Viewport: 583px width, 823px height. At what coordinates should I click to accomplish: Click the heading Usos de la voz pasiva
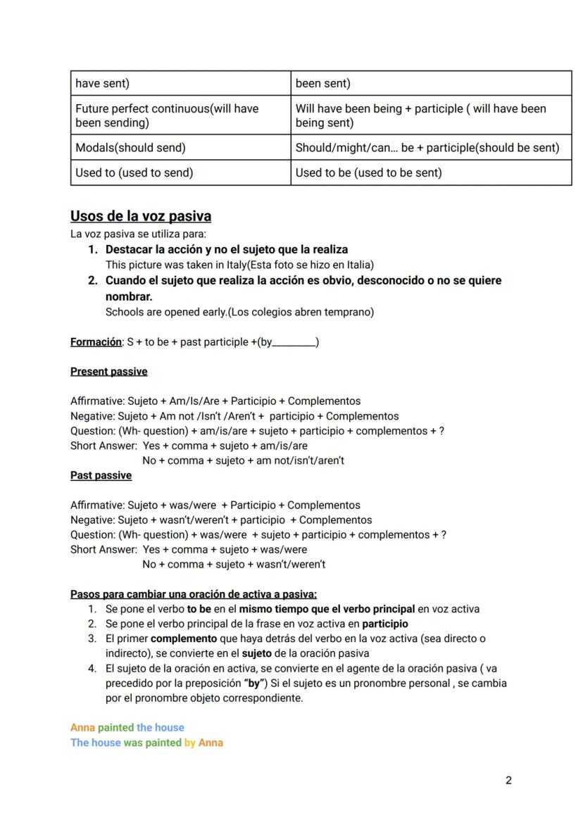click(141, 216)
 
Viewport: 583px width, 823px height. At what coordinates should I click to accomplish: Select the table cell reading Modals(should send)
click(131, 148)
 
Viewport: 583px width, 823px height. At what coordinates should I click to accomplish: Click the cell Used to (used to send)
click(134, 172)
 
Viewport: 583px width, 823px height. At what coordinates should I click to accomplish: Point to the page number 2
click(508, 780)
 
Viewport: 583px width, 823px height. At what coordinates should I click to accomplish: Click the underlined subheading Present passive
click(108, 371)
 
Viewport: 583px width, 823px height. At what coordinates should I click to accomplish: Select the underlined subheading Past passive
click(101, 475)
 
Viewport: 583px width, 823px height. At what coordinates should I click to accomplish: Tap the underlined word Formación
click(96, 342)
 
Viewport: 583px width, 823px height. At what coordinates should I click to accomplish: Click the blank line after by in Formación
click(294, 343)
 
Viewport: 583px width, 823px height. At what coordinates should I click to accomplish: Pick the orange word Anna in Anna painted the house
click(82, 727)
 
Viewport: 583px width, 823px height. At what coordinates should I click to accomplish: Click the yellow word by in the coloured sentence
click(190, 742)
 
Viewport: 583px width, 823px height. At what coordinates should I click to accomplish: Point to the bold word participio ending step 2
click(384, 624)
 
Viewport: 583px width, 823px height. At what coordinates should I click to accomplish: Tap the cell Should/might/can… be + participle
click(427, 148)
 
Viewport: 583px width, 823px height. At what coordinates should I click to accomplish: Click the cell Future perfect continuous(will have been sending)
click(167, 115)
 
